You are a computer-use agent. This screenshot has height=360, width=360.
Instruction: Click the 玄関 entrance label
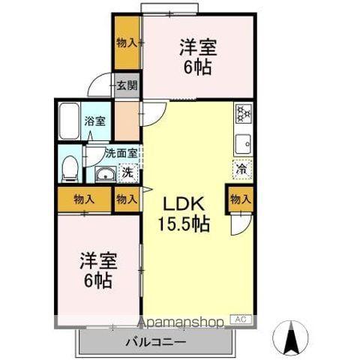point(127,85)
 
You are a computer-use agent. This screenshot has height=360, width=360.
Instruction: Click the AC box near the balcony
point(240,320)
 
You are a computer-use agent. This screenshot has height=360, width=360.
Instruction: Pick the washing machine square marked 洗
point(127,172)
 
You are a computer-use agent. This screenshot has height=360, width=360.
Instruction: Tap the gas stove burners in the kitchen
point(244,113)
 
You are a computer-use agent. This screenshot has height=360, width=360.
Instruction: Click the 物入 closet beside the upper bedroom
point(127,43)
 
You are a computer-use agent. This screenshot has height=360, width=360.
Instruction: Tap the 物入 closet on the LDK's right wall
point(240,200)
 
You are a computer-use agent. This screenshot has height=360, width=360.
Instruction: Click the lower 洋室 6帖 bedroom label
point(97,271)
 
